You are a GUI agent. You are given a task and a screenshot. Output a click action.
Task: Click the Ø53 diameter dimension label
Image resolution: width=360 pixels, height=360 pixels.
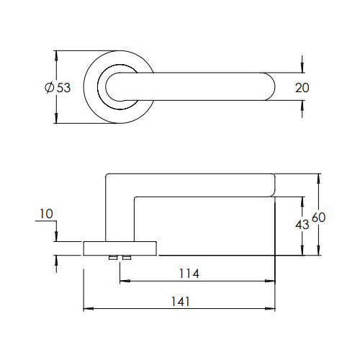(58, 87)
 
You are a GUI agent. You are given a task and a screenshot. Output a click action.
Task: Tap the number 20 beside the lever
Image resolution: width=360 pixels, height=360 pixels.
(302, 88)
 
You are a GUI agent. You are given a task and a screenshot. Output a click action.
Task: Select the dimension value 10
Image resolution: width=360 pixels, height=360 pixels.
(46, 214)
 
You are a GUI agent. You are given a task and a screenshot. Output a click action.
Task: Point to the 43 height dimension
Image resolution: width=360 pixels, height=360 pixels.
(302, 225)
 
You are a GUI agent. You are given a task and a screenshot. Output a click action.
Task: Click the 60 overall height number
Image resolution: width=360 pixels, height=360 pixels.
(318, 217)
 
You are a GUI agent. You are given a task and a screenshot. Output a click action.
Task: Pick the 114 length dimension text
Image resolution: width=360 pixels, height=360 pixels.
(189, 274)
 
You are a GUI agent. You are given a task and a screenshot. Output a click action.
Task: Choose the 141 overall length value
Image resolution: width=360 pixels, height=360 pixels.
(181, 302)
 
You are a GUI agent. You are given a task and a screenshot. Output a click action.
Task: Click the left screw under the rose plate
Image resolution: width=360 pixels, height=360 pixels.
(113, 258)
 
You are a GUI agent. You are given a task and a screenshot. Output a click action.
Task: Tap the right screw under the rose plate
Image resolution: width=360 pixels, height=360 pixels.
(127, 258)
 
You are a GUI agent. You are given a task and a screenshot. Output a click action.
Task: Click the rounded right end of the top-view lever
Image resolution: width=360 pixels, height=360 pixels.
(272, 86)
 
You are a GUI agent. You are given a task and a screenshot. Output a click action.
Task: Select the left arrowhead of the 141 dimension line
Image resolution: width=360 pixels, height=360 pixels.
(88, 309)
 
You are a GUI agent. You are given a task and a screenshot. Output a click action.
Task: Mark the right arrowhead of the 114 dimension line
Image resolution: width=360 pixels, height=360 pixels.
(270, 281)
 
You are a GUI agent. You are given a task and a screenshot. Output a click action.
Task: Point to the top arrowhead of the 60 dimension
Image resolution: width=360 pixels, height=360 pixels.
(318, 179)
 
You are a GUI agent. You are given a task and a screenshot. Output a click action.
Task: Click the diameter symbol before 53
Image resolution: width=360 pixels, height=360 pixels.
(50, 87)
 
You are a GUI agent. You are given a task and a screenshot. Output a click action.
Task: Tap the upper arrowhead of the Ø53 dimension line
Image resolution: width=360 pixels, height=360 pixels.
(56, 55)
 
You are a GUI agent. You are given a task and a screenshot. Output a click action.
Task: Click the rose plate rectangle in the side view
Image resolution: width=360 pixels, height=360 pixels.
(120, 248)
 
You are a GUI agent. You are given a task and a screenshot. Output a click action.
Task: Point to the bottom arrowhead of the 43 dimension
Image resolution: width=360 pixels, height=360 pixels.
(302, 250)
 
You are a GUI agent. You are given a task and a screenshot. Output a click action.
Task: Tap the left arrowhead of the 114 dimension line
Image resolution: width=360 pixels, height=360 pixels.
(125, 281)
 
